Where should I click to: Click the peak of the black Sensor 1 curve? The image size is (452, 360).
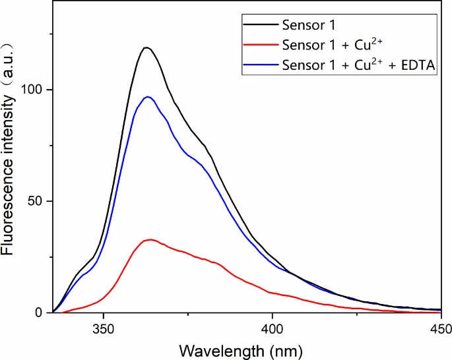coord(146,47)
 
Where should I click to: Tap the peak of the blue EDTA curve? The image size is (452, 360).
coord(148,97)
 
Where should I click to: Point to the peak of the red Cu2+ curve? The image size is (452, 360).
coord(151,239)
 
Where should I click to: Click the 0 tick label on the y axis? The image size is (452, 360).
coord(41,313)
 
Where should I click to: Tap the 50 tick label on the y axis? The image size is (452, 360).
coord(37,201)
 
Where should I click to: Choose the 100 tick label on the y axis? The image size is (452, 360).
coord(33,89)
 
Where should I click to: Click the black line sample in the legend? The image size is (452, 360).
coord(259,27)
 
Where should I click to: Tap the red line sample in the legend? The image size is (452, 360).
coord(259,46)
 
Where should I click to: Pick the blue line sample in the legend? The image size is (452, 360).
coord(259,65)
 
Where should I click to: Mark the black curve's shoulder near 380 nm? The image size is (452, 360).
coord(205,146)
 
